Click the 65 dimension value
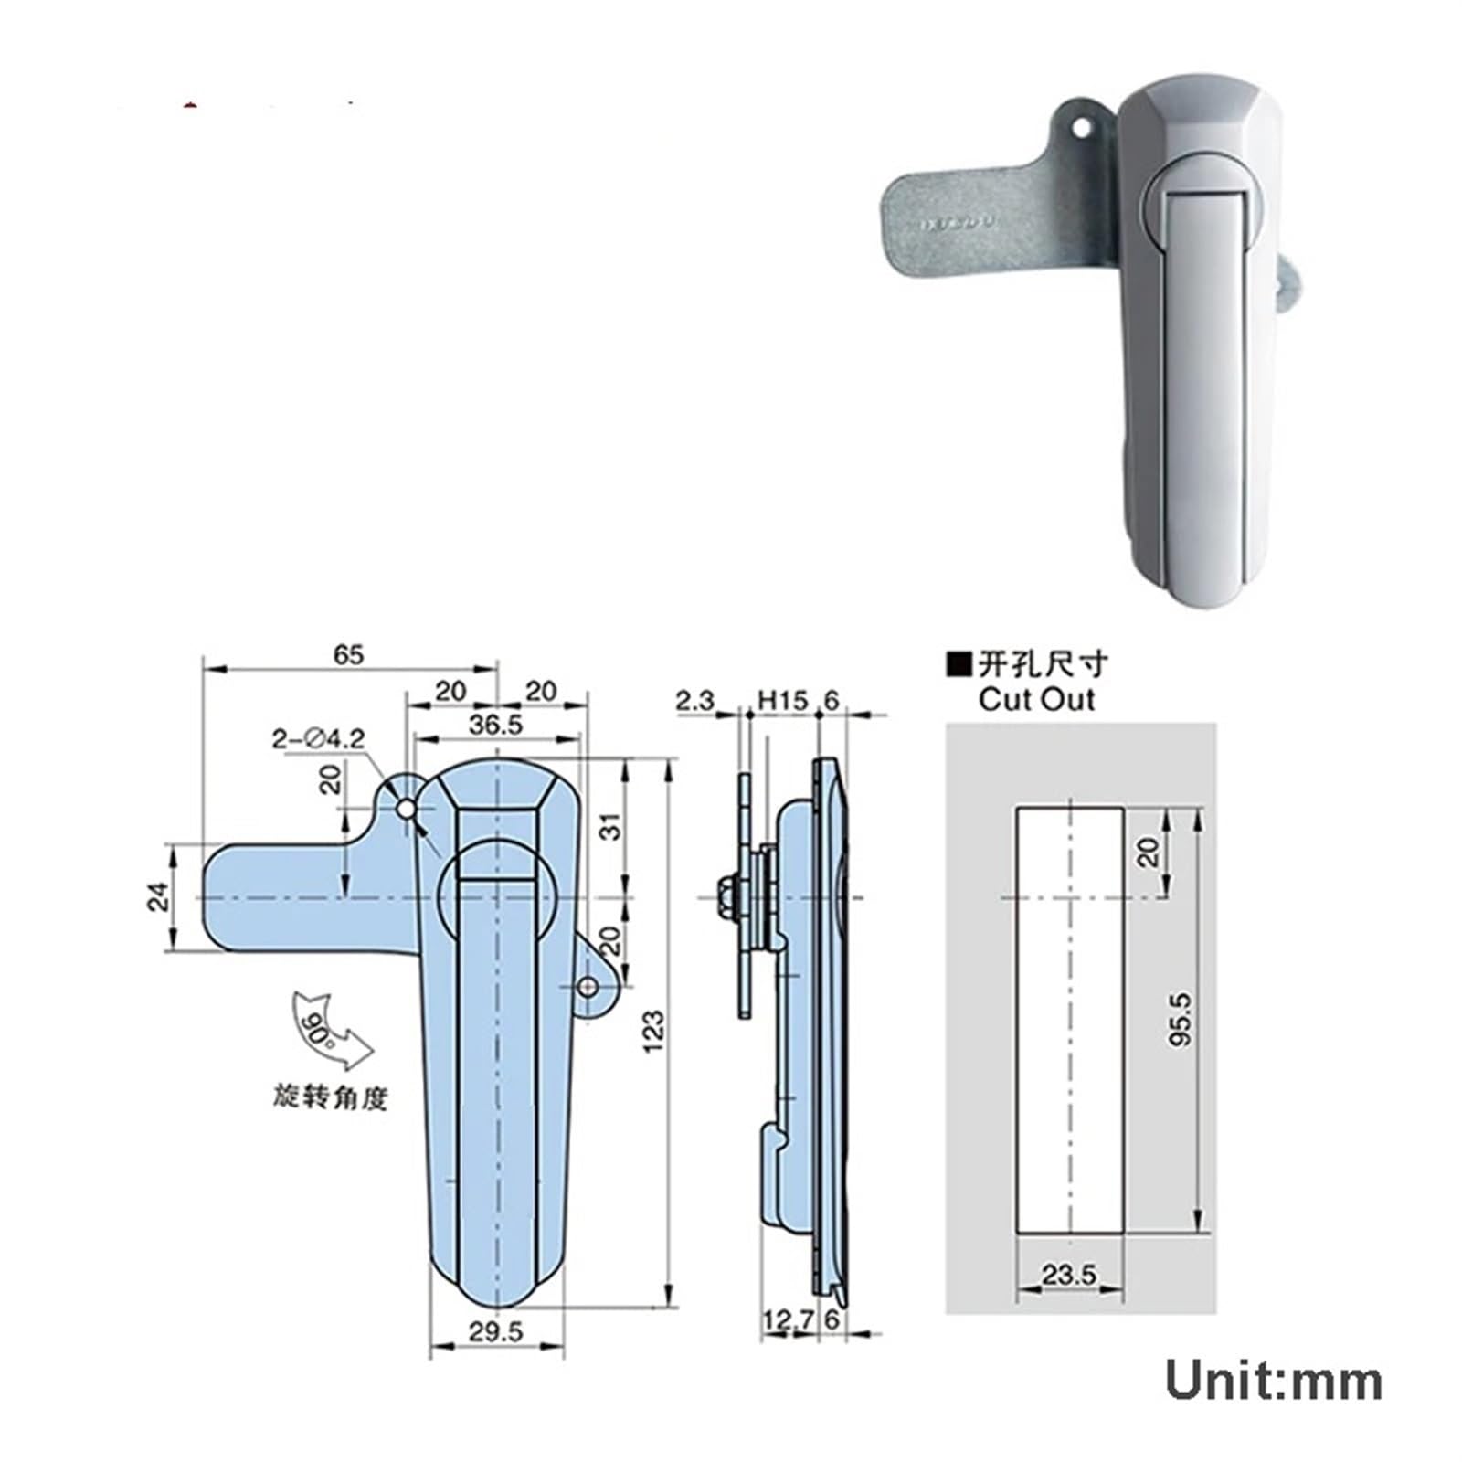pos(348,654)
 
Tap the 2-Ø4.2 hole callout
pos(318,737)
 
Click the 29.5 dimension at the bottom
pos(496,1332)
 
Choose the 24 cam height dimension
pos(159,896)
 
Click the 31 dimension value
pos(613,826)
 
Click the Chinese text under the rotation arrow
pos(331,1096)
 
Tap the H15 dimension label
pos(783,701)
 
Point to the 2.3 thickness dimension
pos(694,701)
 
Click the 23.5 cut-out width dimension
pos(1068,1274)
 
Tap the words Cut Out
pos(1035,700)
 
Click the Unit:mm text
pos(1273,1381)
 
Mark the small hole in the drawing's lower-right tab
pos(589,987)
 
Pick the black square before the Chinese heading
pos(959,663)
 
